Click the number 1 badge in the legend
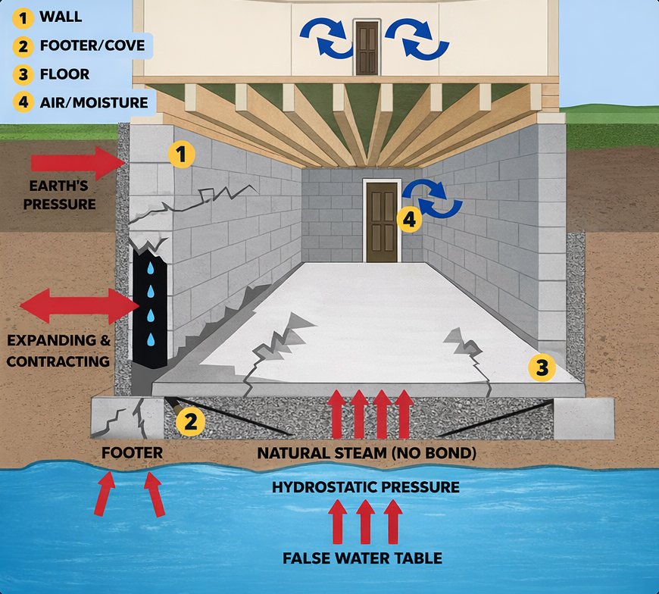[23, 16]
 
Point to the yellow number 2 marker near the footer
[190, 421]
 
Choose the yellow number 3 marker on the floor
[542, 368]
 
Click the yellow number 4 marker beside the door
[409, 220]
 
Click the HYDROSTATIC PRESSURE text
[366, 487]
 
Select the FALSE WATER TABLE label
[362, 559]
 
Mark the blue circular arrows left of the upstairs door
[326, 37]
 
